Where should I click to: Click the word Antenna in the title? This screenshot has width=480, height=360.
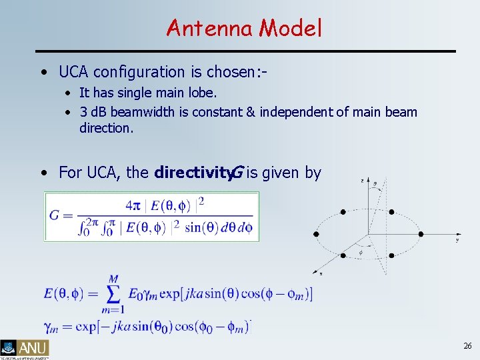pyautogui.click(x=210, y=28)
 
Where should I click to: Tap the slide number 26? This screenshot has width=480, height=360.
pyautogui.click(x=467, y=346)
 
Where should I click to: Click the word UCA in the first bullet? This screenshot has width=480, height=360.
pyautogui.click(x=75, y=72)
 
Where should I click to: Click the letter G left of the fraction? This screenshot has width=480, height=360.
pyautogui.click(x=56, y=215)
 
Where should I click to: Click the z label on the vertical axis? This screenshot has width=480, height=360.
pyautogui.click(x=361, y=181)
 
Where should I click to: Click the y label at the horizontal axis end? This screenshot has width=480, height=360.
pyautogui.click(x=457, y=239)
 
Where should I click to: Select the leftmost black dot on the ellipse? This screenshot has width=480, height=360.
pyautogui.click(x=316, y=234)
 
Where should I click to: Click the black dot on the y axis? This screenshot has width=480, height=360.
pyautogui.click(x=420, y=234)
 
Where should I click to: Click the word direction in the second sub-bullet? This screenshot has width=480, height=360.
pyautogui.click(x=107, y=127)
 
